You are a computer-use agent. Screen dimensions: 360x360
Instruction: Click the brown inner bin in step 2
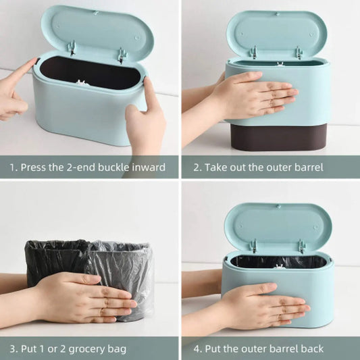278,137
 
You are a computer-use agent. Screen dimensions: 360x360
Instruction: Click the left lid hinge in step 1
72,48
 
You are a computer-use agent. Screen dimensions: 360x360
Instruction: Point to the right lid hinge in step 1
122,55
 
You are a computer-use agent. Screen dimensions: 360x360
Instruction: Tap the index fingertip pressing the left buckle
34,61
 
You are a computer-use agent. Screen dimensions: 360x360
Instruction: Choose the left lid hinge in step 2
254,53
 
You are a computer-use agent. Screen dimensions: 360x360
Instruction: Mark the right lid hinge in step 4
301,247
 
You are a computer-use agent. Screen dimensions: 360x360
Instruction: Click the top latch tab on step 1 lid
96,14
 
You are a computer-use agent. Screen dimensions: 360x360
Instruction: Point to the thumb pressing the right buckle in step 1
147,92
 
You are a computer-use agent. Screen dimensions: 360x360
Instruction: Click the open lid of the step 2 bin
277,36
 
